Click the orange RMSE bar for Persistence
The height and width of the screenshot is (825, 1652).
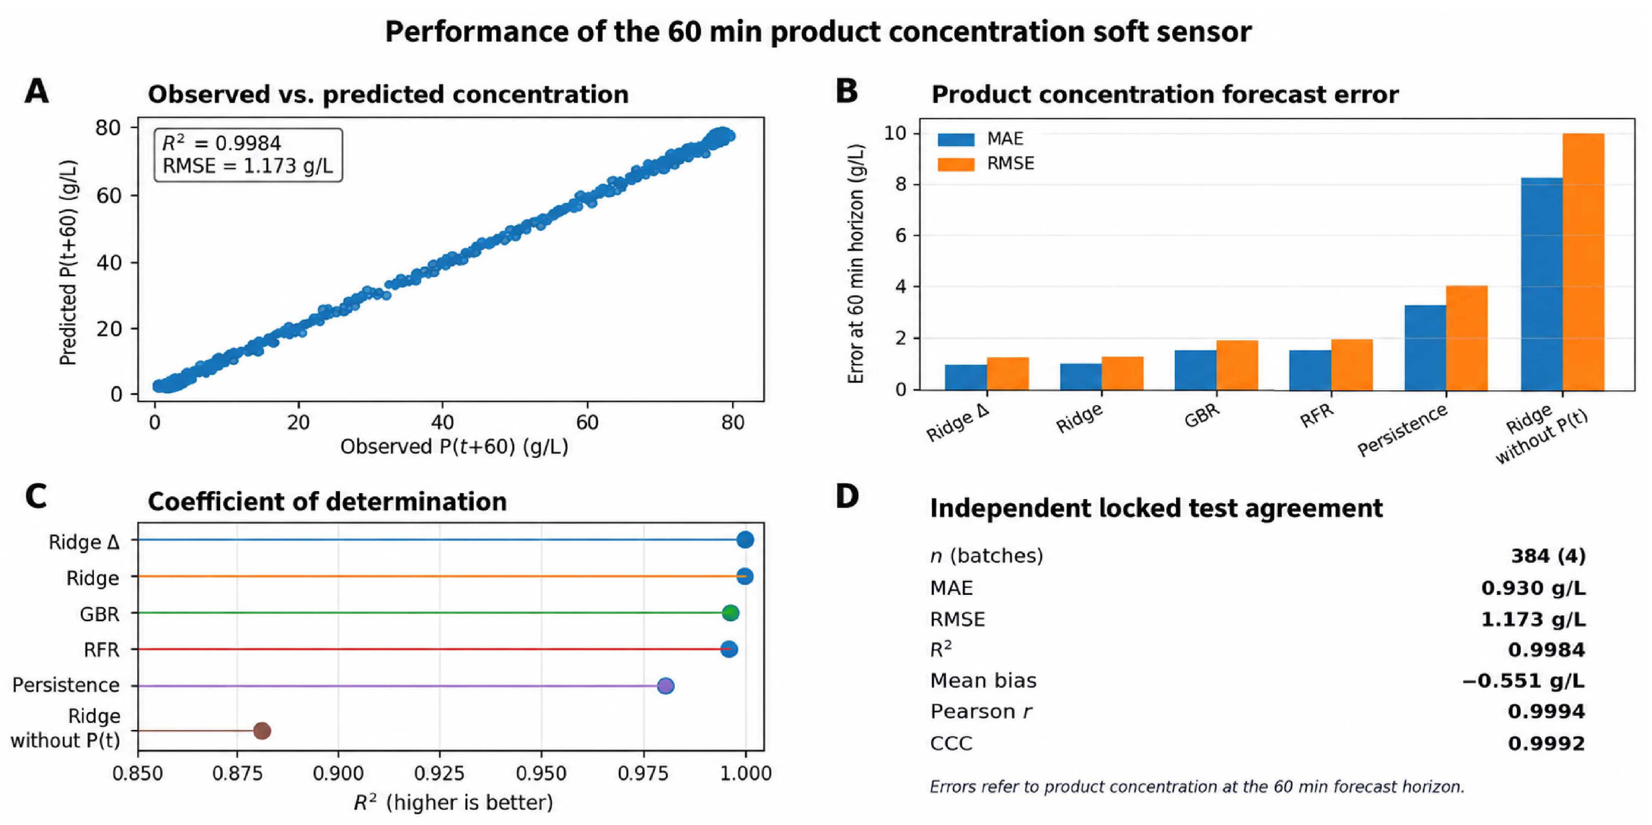click(1467, 338)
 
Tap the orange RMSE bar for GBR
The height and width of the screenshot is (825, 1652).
click(1237, 365)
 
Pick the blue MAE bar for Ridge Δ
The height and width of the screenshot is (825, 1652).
click(966, 377)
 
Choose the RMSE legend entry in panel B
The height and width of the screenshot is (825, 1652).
click(986, 164)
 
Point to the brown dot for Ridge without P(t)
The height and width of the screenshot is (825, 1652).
click(262, 731)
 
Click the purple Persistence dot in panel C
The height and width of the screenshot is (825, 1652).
click(666, 686)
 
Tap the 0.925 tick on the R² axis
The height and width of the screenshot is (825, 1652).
click(439, 773)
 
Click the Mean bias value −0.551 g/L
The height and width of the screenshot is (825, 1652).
click(1523, 681)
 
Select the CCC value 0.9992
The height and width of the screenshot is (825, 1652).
click(1546, 744)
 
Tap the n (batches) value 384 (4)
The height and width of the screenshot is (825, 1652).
click(1548, 556)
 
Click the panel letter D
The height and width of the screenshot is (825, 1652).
click(847, 496)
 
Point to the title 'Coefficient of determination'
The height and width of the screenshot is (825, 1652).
click(327, 502)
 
